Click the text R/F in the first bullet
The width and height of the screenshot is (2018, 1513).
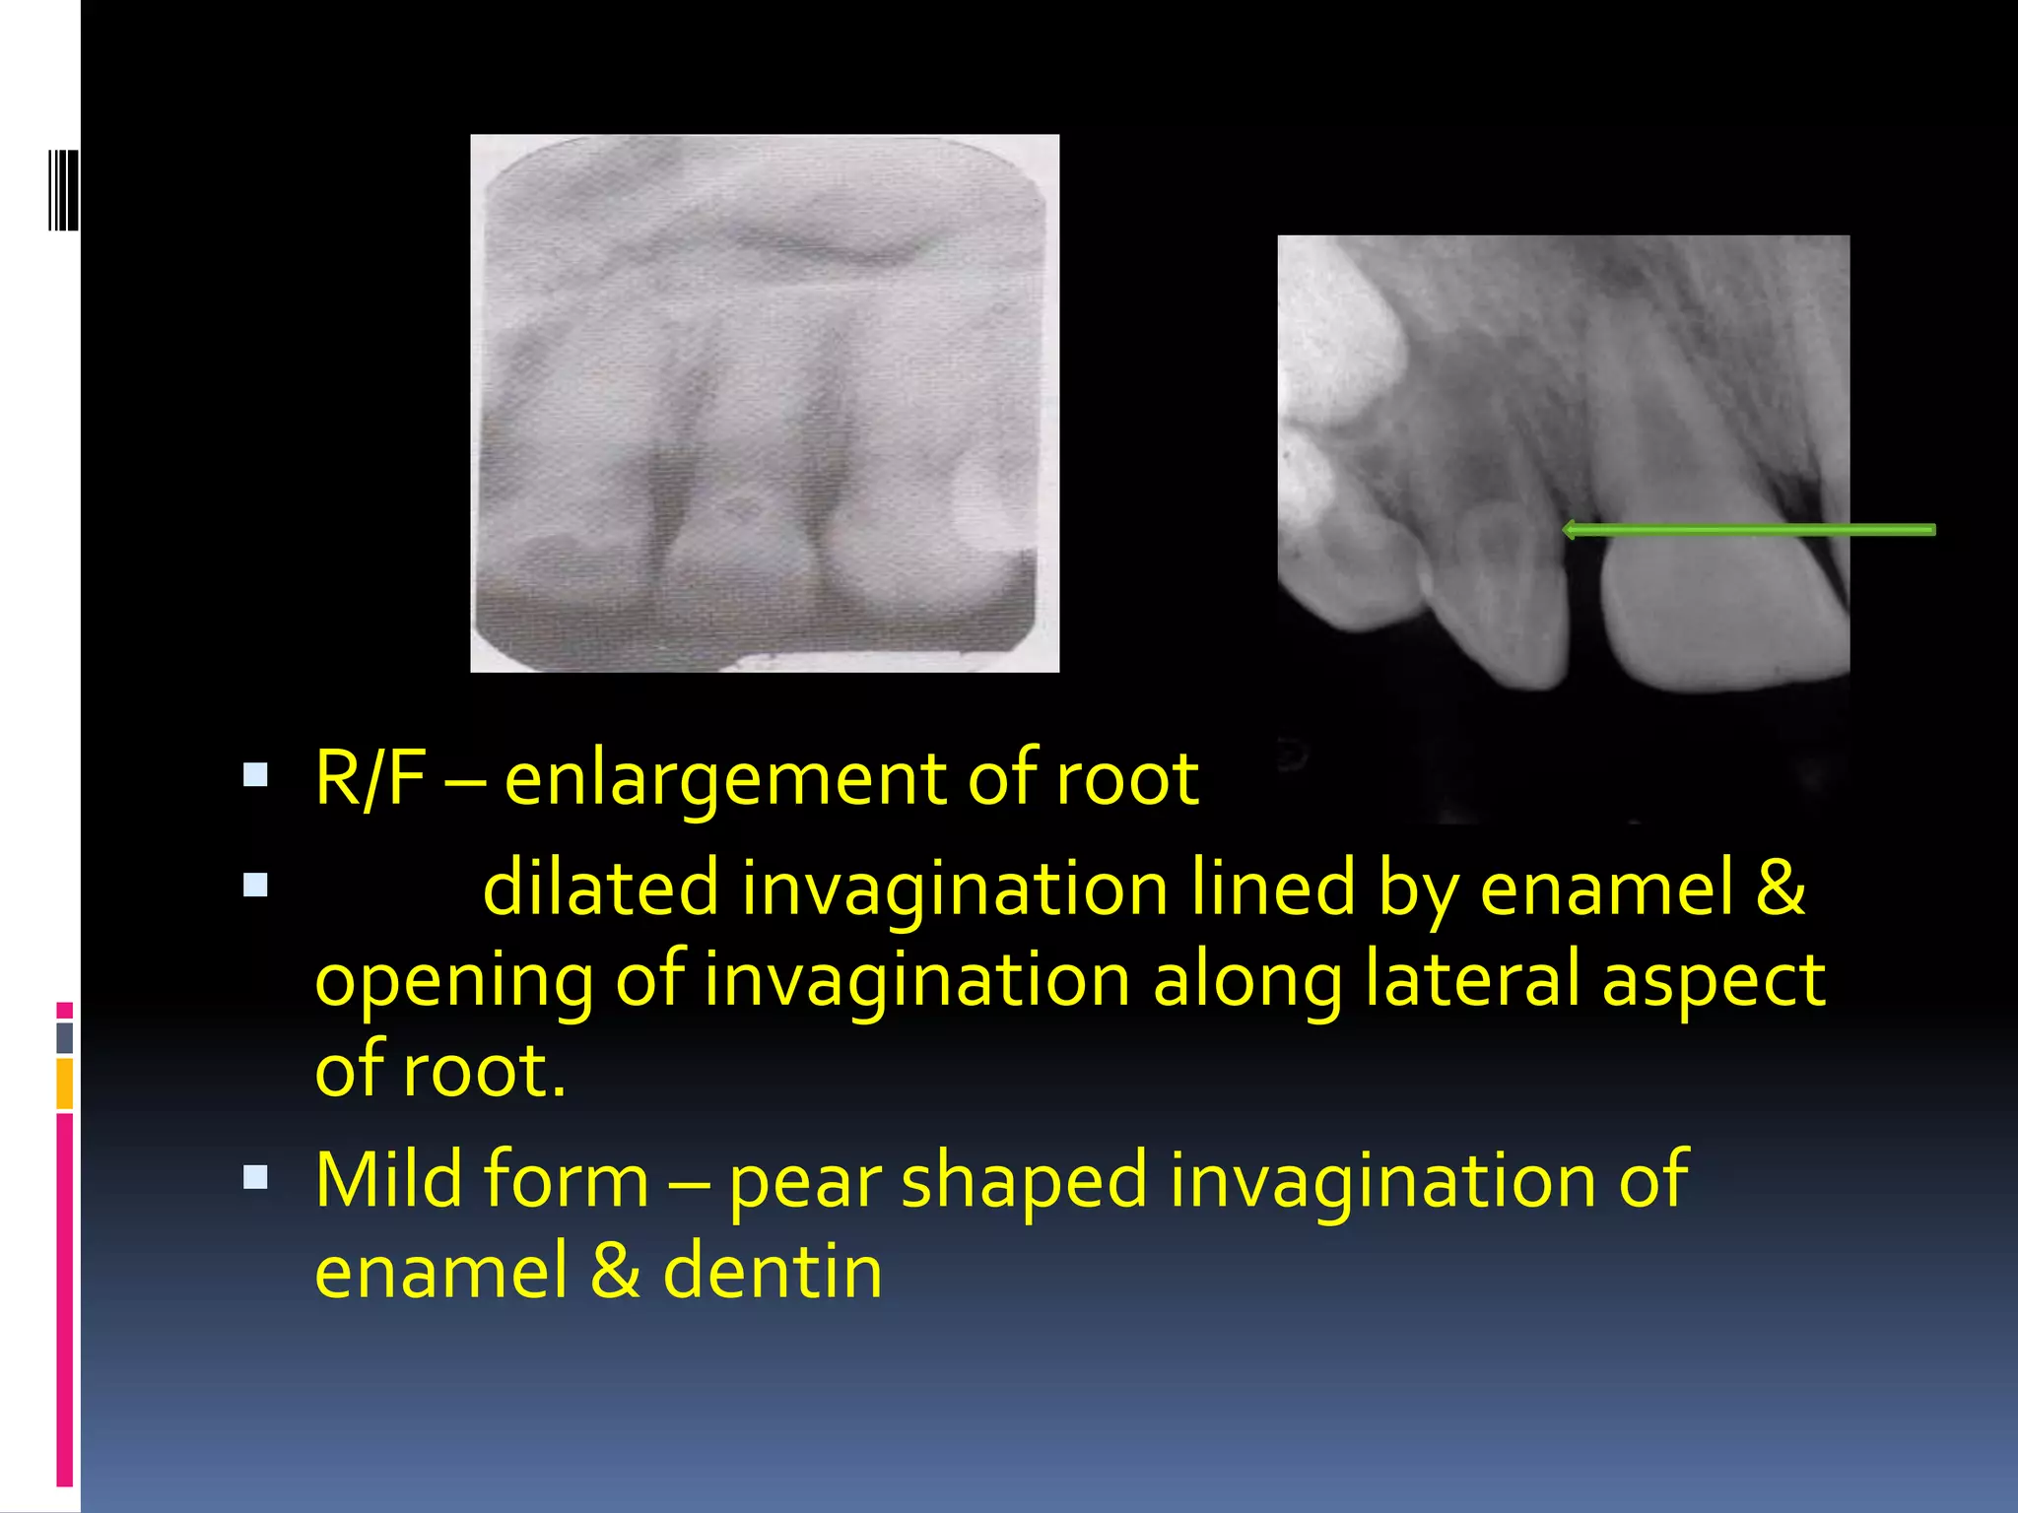click(x=370, y=778)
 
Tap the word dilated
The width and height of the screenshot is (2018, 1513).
click(x=600, y=888)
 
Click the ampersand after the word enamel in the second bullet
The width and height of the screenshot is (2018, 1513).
click(x=1780, y=888)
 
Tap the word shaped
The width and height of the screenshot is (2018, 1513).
click(x=1025, y=1183)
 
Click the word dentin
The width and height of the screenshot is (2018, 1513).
click(x=773, y=1271)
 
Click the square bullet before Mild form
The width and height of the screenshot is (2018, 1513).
click(x=255, y=1177)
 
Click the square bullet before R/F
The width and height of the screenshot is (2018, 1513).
click(x=255, y=775)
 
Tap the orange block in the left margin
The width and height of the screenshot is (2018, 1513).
click(x=65, y=1084)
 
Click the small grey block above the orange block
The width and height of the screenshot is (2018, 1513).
click(x=65, y=1037)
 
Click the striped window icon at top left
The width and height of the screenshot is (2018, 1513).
click(x=63, y=189)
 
